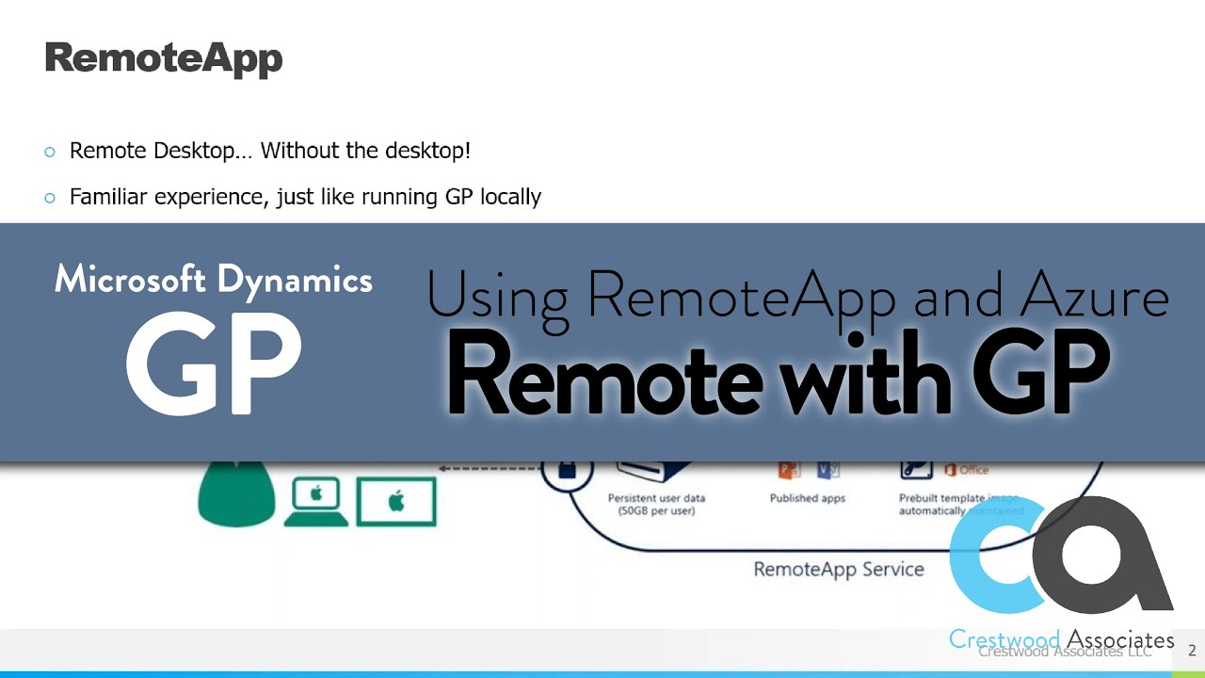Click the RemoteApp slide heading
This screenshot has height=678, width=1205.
pos(164,58)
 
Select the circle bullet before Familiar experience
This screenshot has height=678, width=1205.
pos(50,198)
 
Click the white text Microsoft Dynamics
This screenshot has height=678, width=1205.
pos(214,279)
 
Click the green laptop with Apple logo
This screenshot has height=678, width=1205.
pos(316,502)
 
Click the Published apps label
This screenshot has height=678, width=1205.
pos(807,498)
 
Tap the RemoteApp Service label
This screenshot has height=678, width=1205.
pos(839,569)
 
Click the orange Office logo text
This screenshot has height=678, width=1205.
pos(972,470)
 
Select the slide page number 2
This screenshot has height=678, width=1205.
pos(1192,650)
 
